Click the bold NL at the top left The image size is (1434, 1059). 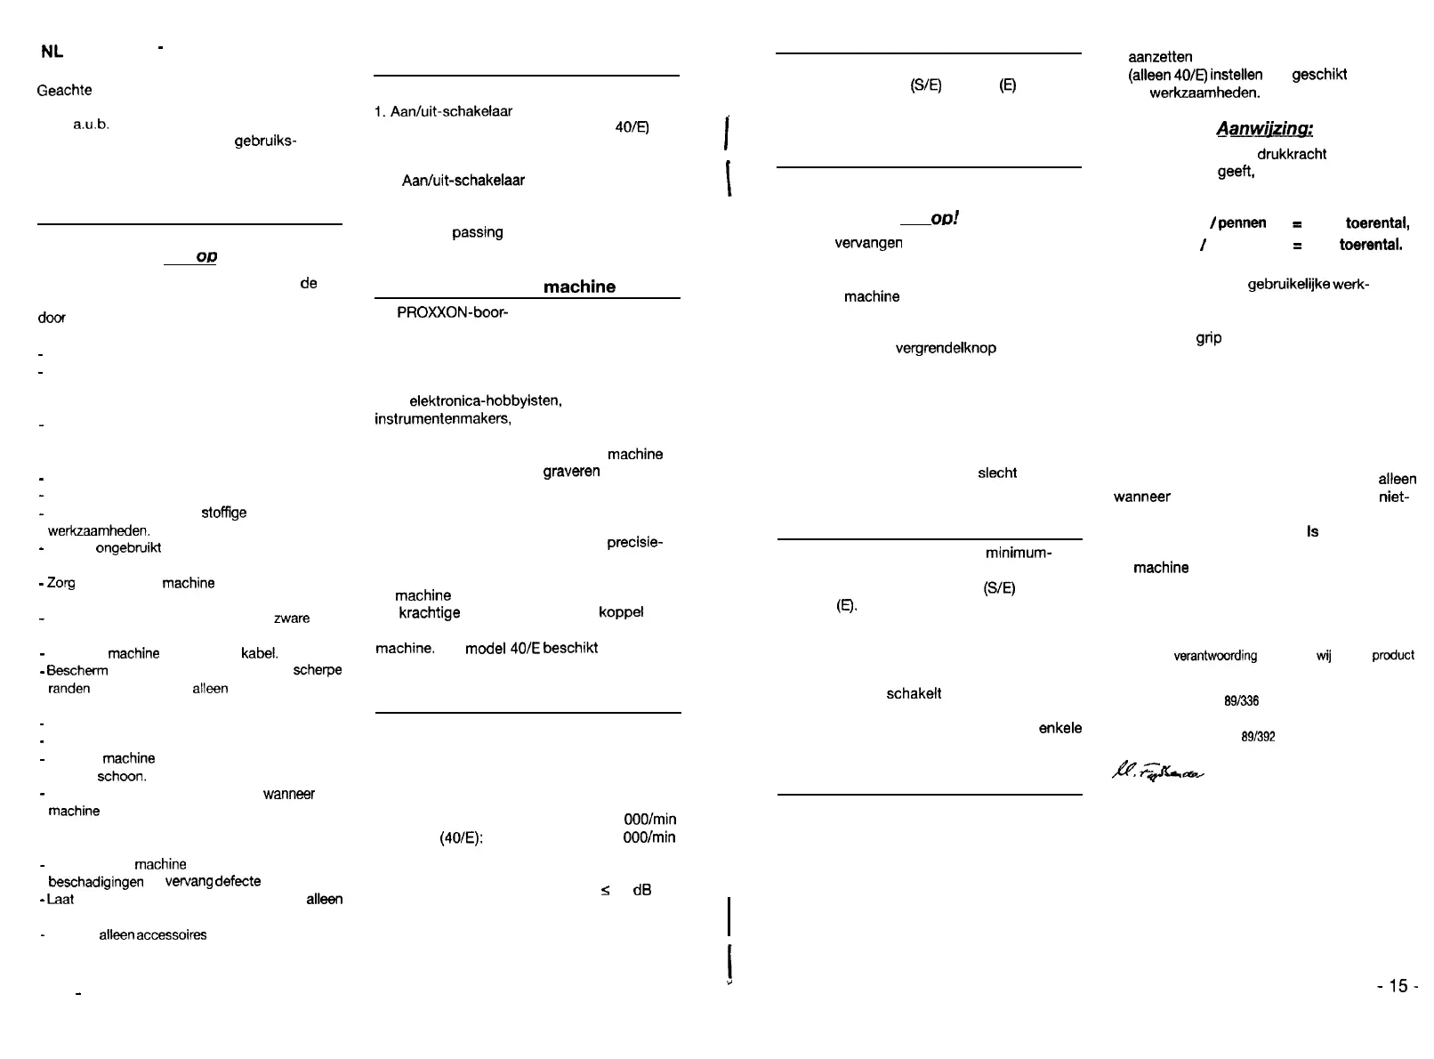52,52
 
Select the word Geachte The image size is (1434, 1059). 64,90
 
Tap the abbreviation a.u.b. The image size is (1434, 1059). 91,125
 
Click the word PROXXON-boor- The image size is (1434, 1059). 452,313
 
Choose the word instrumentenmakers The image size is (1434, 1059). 443,418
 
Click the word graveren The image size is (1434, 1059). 571,472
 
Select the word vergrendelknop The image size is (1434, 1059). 945,348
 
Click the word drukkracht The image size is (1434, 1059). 1291,154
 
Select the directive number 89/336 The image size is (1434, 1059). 1241,701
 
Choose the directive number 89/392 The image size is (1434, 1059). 1258,737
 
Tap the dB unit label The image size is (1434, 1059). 641,890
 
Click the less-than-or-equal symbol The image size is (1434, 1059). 605,890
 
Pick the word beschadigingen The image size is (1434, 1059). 95,882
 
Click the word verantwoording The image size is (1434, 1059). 1215,656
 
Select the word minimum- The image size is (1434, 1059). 1019,553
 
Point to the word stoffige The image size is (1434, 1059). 223,513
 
